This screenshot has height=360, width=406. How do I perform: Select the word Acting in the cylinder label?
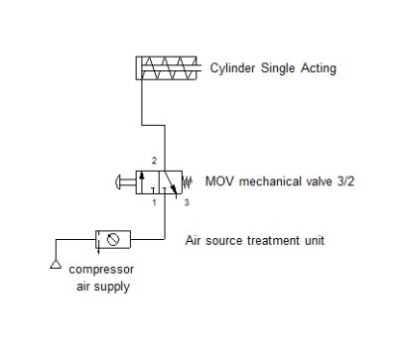(x=317, y=68)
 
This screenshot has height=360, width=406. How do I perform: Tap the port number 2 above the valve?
(x=153, y=160)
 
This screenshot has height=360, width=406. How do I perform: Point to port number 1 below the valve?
(x=153, y=202)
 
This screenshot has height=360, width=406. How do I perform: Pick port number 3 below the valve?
(x=185, y=202)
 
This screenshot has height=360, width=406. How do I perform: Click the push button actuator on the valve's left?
(x=124, y=181)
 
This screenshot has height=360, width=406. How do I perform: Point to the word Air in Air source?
(x=195, y=240)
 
